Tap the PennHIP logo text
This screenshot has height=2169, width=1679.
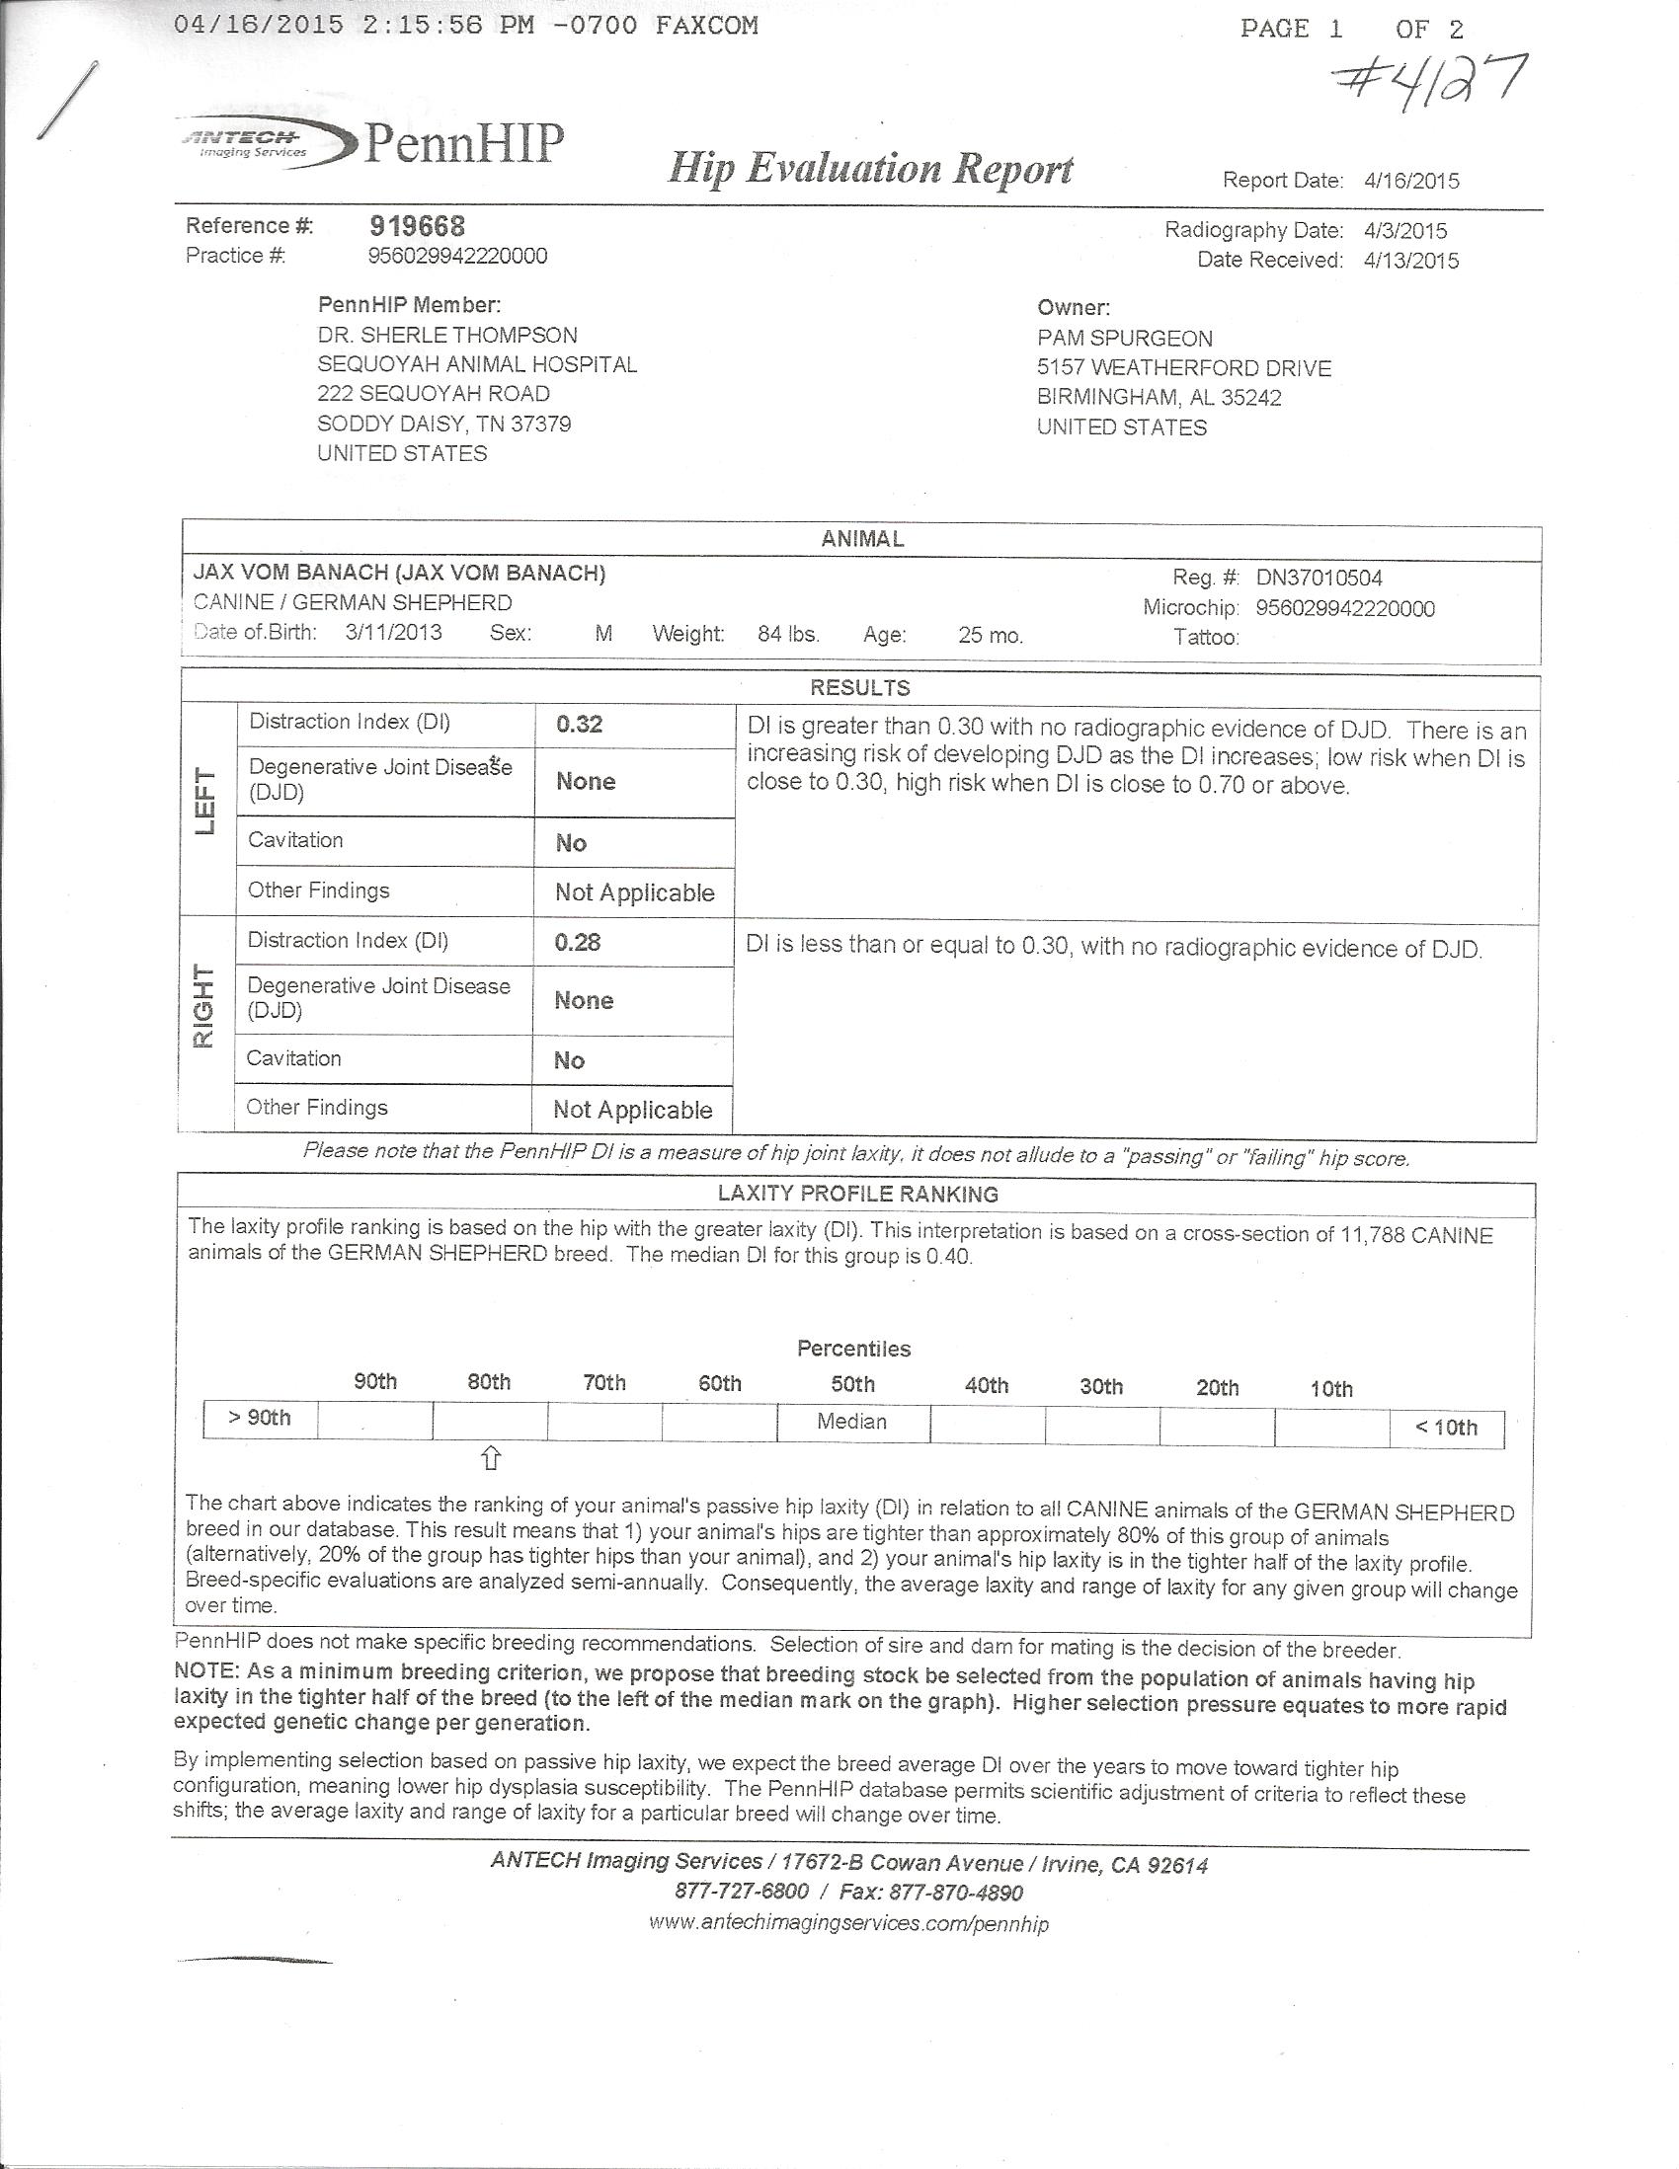464,144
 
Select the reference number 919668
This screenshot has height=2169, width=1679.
416,226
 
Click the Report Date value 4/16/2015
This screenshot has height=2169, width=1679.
1410,181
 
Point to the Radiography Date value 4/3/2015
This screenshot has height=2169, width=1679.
1404,230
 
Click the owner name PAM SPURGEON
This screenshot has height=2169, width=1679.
1125,339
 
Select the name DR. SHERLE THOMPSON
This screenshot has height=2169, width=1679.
447,336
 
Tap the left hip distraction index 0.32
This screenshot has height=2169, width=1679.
579,725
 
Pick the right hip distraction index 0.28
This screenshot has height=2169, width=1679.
577,943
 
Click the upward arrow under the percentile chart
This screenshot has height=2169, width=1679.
491,1459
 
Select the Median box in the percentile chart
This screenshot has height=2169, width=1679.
852,1423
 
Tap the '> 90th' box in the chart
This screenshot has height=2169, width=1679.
261,1418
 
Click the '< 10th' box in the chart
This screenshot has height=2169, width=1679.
1447,1429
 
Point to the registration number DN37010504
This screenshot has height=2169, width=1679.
1319,578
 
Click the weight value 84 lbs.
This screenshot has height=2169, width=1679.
788,635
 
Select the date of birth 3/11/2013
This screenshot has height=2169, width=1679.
393,633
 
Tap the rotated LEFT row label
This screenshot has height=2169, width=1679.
206,803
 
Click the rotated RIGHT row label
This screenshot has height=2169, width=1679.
203,1007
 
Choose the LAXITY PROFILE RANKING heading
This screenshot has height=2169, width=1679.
857,1195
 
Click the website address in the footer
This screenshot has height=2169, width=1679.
848,1924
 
